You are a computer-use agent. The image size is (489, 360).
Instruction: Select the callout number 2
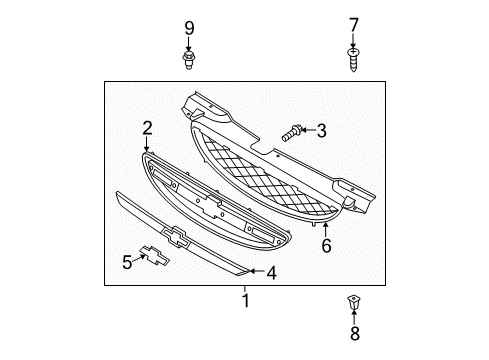[147, 128]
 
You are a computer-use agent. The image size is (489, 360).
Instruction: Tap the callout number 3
[322, 129]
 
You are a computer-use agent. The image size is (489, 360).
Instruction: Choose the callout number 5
[127, 262]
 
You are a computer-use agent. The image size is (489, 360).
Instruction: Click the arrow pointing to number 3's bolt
[308, 130]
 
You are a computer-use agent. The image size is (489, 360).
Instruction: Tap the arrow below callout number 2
[147, 145]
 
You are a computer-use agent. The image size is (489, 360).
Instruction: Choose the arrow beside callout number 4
[255, 270]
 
